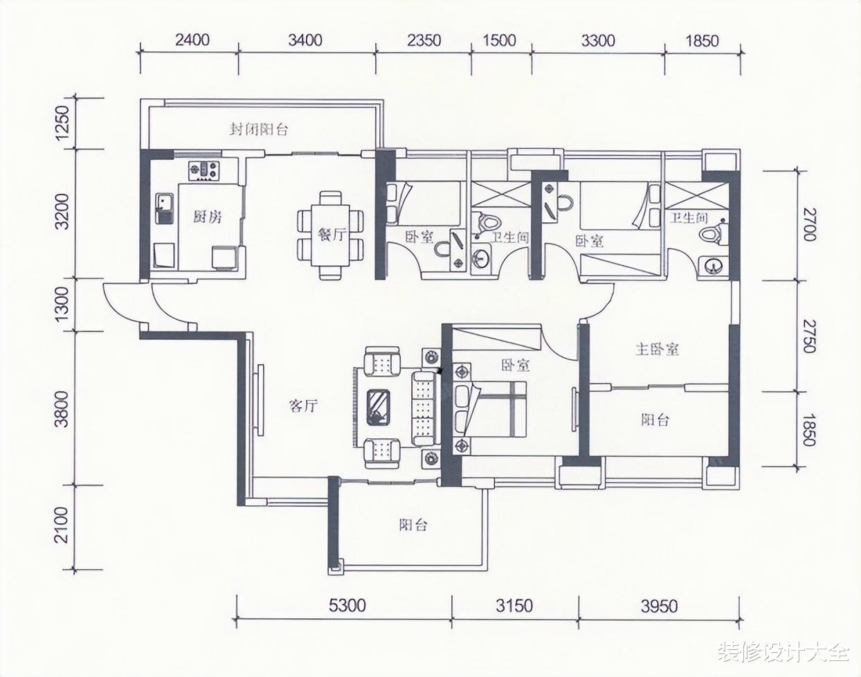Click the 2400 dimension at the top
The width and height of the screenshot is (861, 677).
192,40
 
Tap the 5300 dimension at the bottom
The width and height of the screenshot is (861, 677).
347,606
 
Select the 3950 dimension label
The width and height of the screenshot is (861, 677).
659,606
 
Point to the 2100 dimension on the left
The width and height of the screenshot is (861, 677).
62,525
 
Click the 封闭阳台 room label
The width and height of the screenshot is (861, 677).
258,129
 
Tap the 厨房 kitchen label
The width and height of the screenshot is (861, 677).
207,217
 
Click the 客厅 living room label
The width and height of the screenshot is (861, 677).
303,406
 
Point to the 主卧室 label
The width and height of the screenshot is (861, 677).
658,350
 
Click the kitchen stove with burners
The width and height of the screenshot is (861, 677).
204,170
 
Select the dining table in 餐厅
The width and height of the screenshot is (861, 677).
330,235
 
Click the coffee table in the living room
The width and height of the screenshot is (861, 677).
379,407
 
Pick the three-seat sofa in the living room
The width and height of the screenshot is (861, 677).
424,408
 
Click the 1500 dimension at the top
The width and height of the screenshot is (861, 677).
500,40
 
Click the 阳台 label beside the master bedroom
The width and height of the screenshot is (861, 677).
655,419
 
